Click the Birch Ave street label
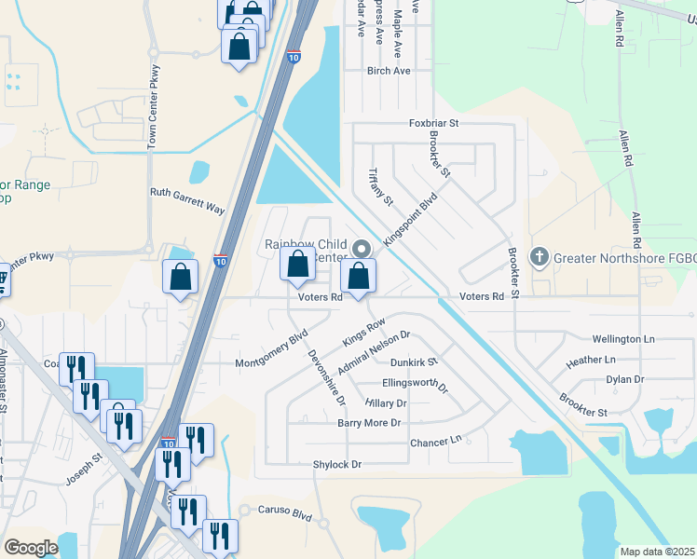tap(389, 71)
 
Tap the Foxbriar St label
tap(435, 123)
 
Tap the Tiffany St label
tap(382, 186)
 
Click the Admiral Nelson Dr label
tap(374, 353)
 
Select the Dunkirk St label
tap(414, 361)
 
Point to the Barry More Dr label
tap(369, 423)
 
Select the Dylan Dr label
tap(625, 379)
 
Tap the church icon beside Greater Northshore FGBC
tap(540, 256)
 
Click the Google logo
tap(31, 548)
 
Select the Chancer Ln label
tap(435, 441)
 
